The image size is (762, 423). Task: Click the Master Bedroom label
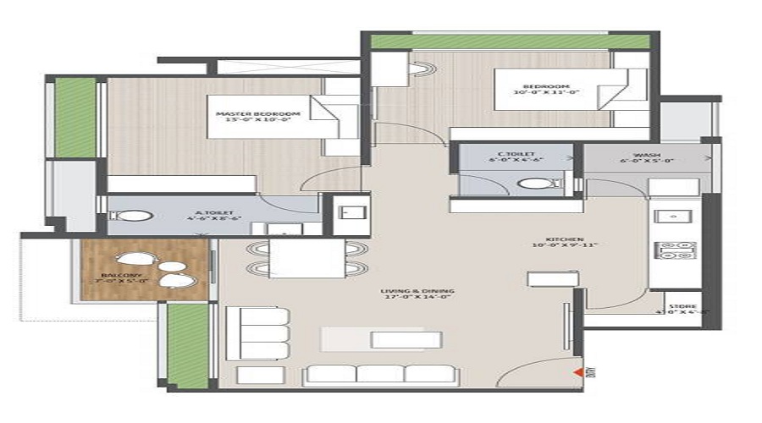point(246,117)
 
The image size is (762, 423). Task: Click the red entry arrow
point(579,370)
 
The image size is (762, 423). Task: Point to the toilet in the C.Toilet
point(534,183)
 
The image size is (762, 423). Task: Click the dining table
point(306,258)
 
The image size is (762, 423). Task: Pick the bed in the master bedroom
point(334,117)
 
